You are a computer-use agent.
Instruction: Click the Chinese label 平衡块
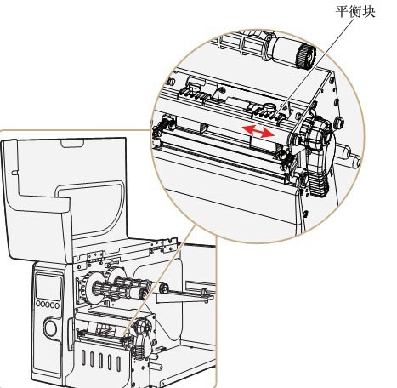(355, 12)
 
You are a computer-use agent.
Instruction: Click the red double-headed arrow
(258, 132)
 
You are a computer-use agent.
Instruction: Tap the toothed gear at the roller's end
(307, 56)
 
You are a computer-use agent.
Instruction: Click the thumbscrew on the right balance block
(269, 108)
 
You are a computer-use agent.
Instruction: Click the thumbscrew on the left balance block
(194, 85)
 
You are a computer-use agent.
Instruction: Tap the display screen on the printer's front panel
(48, 288)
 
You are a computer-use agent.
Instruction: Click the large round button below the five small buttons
(50, 328)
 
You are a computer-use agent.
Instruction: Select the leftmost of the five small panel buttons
(38, 304)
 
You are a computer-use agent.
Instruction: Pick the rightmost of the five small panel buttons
(57, 305)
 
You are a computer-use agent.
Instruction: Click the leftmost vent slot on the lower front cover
(83, 357)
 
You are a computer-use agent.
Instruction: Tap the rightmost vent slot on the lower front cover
(118, 364)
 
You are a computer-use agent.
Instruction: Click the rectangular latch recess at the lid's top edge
(72, 144)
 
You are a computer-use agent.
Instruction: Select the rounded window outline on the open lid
(91, 210)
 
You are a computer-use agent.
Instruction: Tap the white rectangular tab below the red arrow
(263, 143)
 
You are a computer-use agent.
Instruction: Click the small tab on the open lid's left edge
(14, 172)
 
